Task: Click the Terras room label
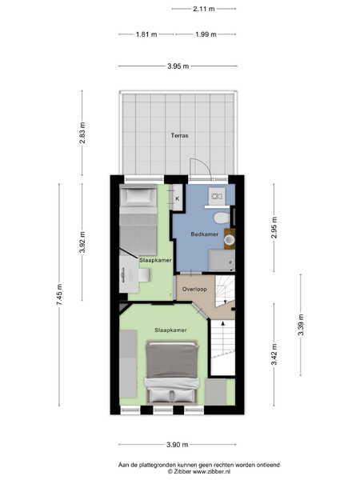tap(180, 135)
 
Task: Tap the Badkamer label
tap(205, 234)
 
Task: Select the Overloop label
tap(194, 289)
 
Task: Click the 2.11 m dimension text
tap(203, 9)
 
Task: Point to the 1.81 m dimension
tap(146, 34)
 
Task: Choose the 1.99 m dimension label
tap(206, 34)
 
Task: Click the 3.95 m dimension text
tap(178, 66)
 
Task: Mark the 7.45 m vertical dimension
tap(59, 294)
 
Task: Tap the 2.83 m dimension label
tap(82, 133)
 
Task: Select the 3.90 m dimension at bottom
tap(178, 445)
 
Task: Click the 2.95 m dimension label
tap(274, 227)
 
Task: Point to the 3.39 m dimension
tap(301, 325)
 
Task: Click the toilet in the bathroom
tap(222, 218)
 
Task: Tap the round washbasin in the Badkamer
tap(229, 239)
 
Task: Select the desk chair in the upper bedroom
tap(145, 275)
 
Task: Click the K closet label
tap(178, 198)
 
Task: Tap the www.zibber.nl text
tap(211, 472)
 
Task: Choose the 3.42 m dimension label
tap(274, 354)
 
